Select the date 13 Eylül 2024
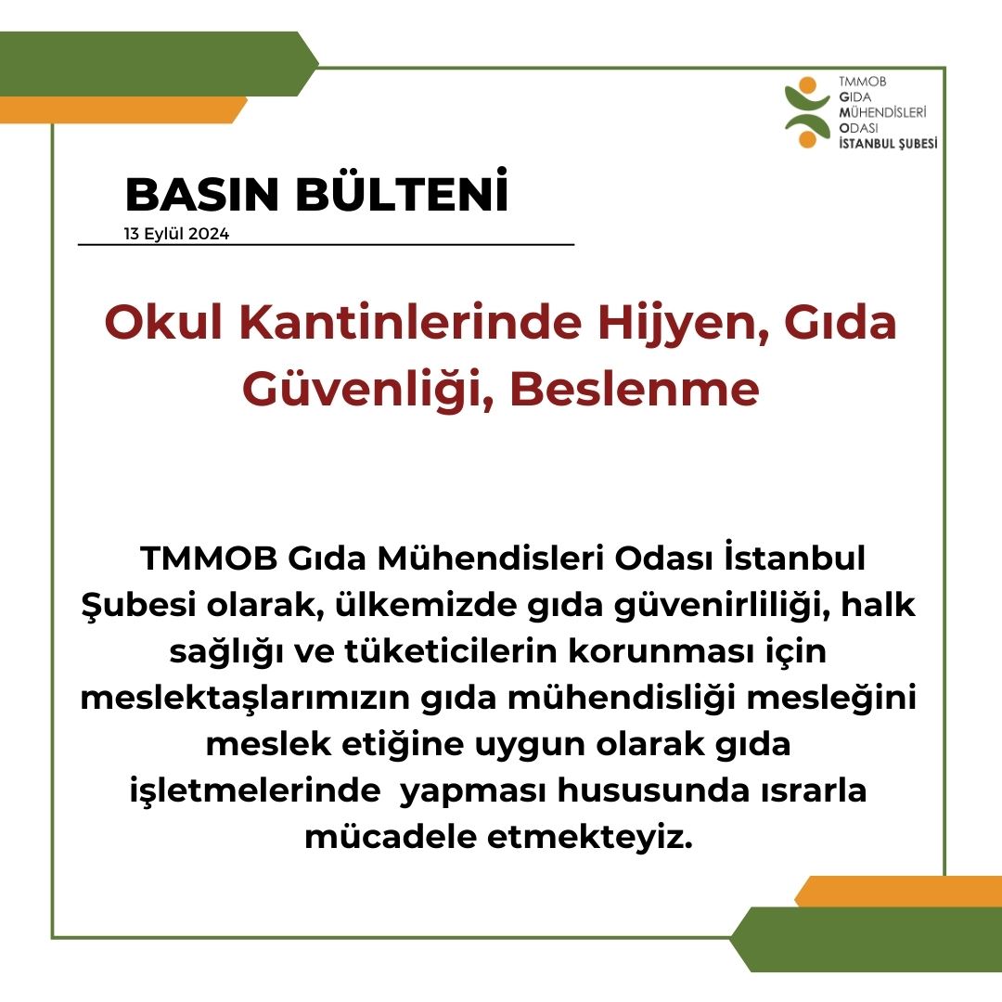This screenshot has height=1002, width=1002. [176, 234]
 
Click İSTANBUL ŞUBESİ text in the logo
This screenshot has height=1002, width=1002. [888, 143]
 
